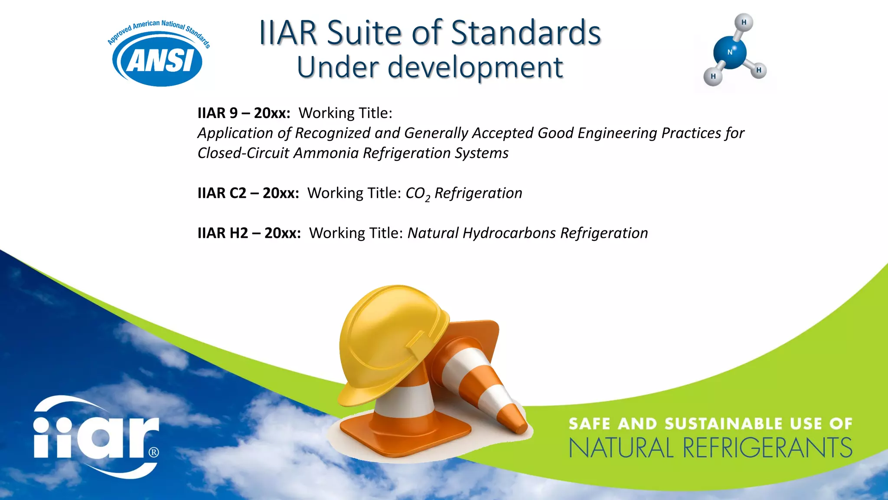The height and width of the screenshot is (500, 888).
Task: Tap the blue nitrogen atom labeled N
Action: tap(730, 53)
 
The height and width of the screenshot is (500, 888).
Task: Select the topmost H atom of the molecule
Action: tap(744, 22)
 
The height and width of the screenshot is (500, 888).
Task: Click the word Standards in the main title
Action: tap(526, 33)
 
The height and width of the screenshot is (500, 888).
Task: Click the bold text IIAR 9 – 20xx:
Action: tap(244, 113)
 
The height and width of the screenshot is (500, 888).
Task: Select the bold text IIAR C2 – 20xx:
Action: tap(248, 193)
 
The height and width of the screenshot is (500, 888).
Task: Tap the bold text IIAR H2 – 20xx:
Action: tap(249, 233)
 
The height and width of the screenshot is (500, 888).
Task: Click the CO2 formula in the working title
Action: tap(418, 194)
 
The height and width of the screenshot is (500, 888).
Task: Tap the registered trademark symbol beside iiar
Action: tap(154, 452)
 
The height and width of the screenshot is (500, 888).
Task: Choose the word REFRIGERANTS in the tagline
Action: tap(767, 448)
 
